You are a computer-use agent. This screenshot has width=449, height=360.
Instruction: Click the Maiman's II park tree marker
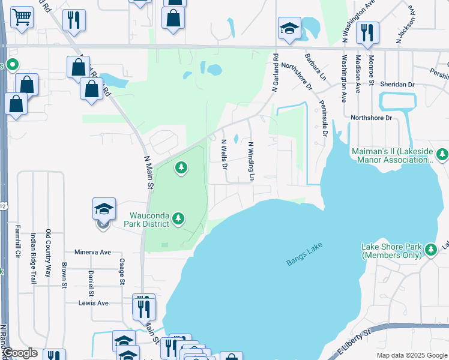click(443, 154)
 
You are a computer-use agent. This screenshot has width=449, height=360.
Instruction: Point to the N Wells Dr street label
click(224, 153)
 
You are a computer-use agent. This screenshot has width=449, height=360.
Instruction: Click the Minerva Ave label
click(93, 253)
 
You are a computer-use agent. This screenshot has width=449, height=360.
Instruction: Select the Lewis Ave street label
click(93, 303)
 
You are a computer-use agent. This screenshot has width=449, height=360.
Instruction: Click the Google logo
click(20, 353)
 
